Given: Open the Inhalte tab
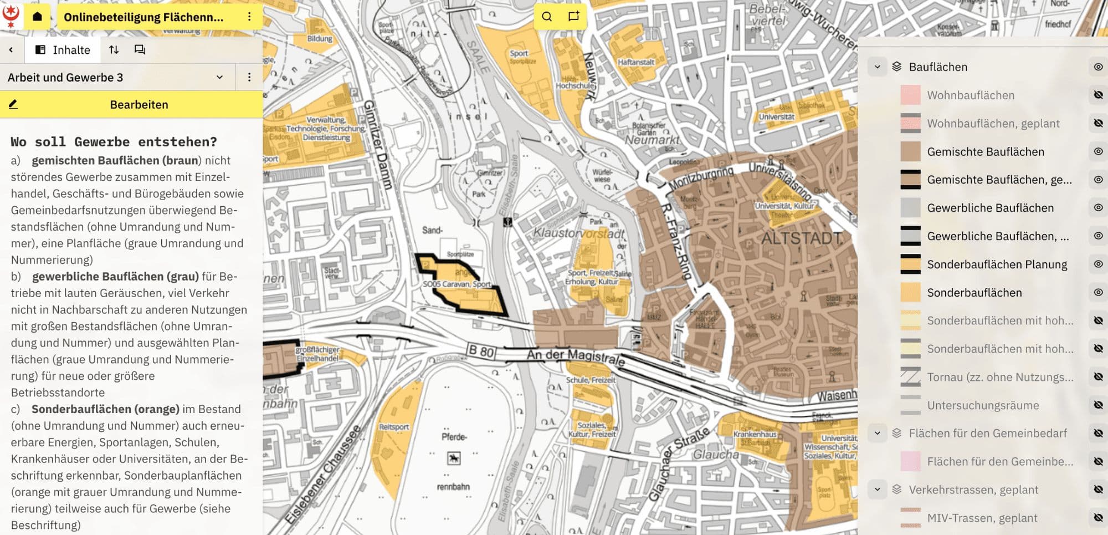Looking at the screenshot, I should [x=63, y=50].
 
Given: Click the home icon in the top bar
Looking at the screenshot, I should [x=37, y=17].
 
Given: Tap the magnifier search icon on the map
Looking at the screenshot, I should [x=547, y=17].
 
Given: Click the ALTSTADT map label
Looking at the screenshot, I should [x=802, y=239].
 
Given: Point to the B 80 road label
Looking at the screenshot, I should [x=480, y=351].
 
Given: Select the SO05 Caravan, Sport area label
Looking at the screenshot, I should [x=456, y=284].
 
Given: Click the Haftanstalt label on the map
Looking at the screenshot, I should [x=636, y=62].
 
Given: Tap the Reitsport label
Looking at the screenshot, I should [x=394, y=427].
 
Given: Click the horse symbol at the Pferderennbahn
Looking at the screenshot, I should [x=454, y=458].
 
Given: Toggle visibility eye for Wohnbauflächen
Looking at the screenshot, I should [x=1098, y=95].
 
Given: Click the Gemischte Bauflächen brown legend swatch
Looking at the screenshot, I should [x=910, y=151].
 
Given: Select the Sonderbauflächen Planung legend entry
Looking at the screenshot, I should [x=997, y=264].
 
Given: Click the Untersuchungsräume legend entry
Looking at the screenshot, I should [x=983, y=405].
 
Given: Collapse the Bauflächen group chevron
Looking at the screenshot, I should [x=877, y=67].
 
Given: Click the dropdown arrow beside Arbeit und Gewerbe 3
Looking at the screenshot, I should [x=219, y=78].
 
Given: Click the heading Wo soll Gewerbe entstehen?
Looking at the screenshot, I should [x=114, y=142].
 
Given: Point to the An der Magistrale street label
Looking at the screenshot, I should [x=576, y=357].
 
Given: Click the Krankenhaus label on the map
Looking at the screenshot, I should [x=755, y=434].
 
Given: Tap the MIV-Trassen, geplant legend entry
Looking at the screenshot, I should [x=982, y=518].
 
